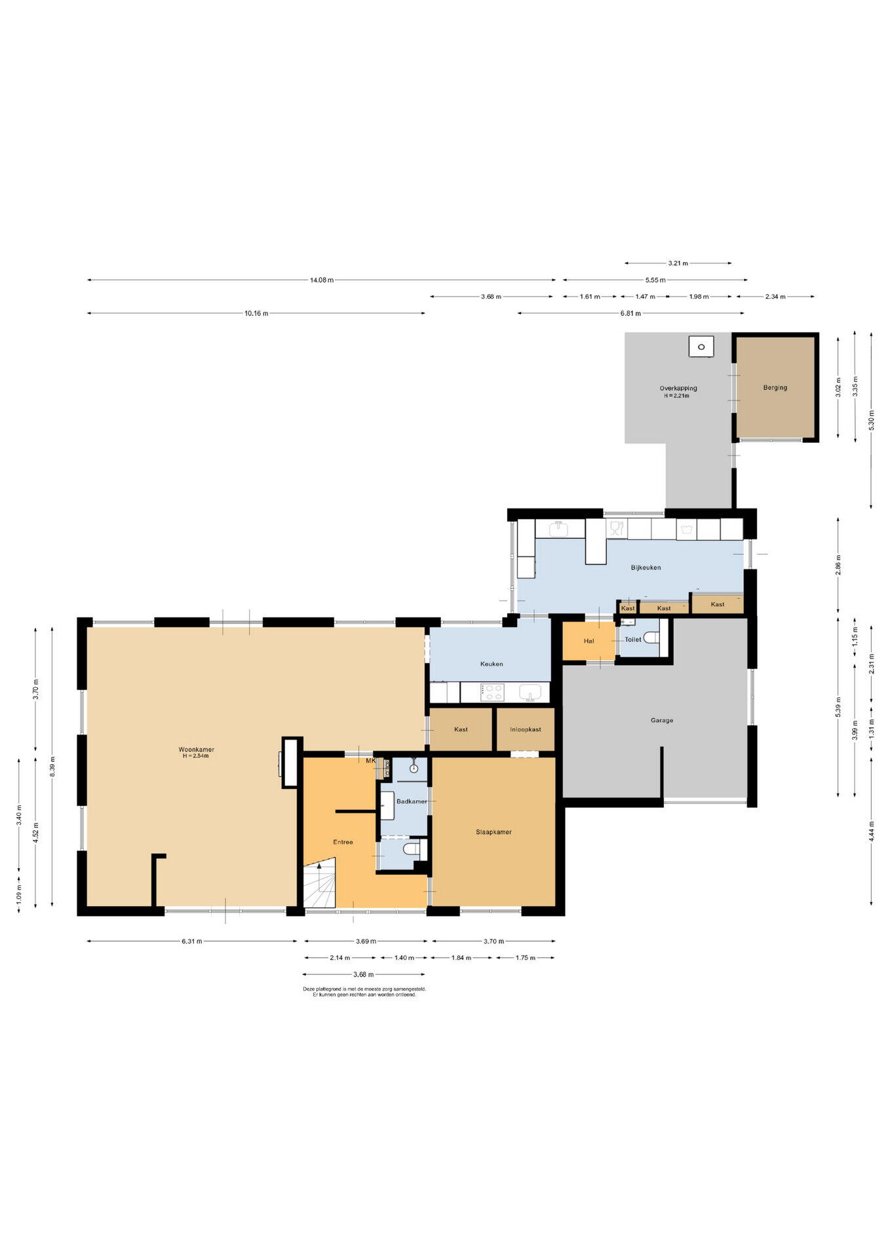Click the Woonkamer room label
click(x=197, y=750)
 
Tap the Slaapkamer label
click(x=493, y=832)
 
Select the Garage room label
click(x=662, y=720)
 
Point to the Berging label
click(x=775, y=387)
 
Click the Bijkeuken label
click(x=646, y=567)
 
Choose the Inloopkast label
click(x=526, y=729)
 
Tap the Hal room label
click(x=589, y=641)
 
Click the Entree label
click(x=343, y=842)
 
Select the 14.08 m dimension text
click(x=322, y=280)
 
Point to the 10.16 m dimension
click(x=256, y=313)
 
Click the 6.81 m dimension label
click(x=630, y=313)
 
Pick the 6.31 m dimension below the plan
click(x=192, y=942)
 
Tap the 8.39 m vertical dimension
click(x=52, y=767)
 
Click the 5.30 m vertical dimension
click(x=871, y=420)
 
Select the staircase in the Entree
click(x=320, y=886)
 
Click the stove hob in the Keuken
click(x=493, y=692)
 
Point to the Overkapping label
click(x=678, y=389)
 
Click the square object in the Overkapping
click(x=701, y=346)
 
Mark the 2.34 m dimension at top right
click(x=775, y=297)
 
